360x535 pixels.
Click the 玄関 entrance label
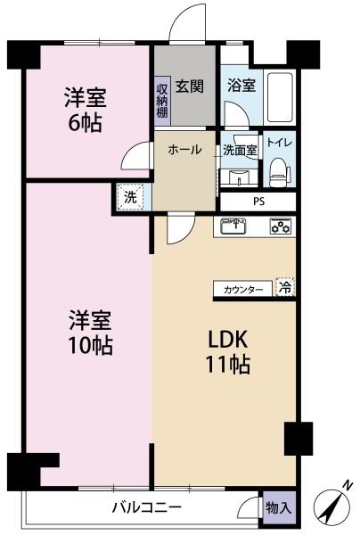click(190, 86)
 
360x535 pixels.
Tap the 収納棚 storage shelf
click(162, 101)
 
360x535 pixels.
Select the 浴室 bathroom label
click(241, 85)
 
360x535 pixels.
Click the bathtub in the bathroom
click(280, 97)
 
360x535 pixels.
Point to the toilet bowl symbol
click(280, 172)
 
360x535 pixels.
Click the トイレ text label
click(279, 143)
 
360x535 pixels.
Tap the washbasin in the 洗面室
click(238, 177)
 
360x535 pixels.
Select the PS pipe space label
click(258, 202)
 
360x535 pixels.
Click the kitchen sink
click(233, 226)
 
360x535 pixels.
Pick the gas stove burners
click(281, 226)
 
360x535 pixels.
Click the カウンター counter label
click(243, 290)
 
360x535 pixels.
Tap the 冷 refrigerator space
click(285, 287)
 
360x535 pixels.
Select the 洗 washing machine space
click(130, 197)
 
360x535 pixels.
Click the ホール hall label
click(184, 150)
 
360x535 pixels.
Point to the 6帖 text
click(85, 123)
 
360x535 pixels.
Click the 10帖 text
click(91, 345)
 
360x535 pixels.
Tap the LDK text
click(227, 340)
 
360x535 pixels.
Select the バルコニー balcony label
click(147, 507)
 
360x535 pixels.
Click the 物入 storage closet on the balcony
click(279, 508)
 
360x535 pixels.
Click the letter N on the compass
click(348, 485)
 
